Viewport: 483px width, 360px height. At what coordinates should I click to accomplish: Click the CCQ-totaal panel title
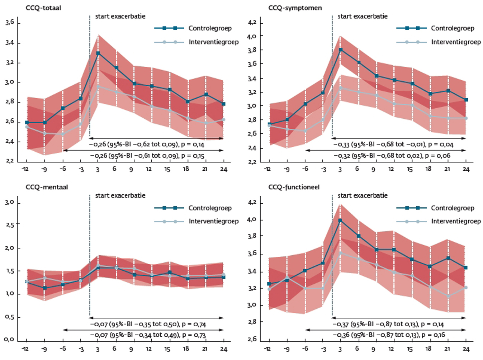click(x=43, y=8)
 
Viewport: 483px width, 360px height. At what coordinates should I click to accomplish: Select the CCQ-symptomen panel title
click(x=295, y=8)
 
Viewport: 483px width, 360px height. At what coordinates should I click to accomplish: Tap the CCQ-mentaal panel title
click(x=47, y=187)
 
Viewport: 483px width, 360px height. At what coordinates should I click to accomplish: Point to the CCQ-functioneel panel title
click(x=294, y=187)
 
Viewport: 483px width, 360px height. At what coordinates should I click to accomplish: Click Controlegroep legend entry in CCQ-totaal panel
click(x=210, y=28)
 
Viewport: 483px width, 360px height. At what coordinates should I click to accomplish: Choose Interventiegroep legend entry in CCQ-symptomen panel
click(x=456, y=42)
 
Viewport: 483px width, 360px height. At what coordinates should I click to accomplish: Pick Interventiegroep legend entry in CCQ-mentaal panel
click(x=213, y=221)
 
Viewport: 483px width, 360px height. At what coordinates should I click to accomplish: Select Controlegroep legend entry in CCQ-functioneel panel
click(x=452, y=208)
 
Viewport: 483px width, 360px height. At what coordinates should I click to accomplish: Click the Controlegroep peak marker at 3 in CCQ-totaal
click(x=98, y=53)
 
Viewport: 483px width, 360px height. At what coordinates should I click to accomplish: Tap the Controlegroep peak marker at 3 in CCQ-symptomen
click(x=340, y=49)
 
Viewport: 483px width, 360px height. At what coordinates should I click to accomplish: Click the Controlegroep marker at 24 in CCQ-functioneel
click(x=466, y=267)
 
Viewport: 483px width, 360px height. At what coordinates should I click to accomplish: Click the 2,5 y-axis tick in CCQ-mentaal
click(x=10, y=225)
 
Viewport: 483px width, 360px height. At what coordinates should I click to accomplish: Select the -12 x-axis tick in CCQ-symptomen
click(x=267, y=169)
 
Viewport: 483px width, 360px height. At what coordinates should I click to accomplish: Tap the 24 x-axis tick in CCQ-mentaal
click(x=223, y=349)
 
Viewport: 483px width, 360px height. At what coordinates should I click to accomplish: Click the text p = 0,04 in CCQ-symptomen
click(x=442, y=145)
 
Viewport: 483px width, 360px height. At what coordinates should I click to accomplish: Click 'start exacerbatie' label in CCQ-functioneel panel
click(x=363, y=195)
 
